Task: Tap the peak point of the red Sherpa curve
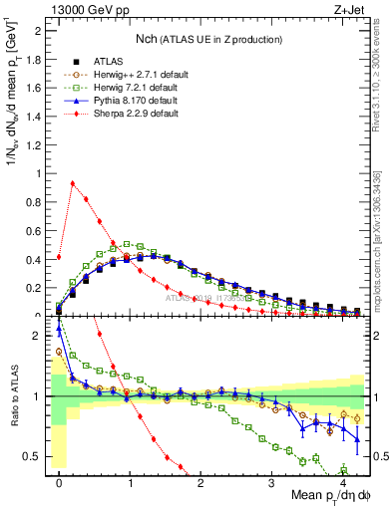(x=72, y=183)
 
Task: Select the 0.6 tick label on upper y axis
(x=35, y=231)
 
